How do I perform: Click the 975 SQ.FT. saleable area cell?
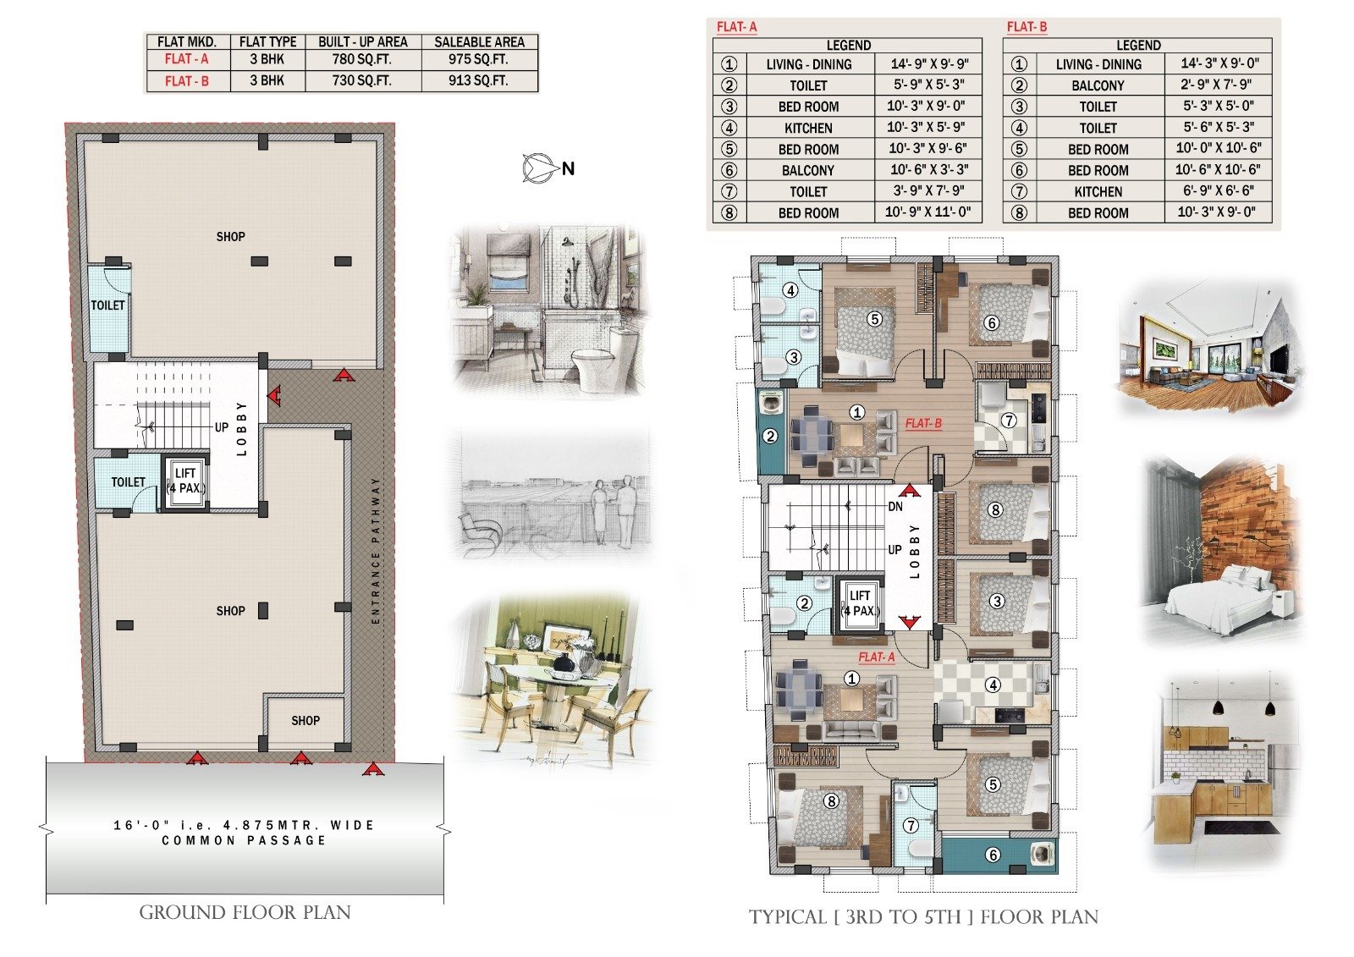click(478, 59)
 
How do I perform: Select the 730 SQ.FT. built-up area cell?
click(361, 80)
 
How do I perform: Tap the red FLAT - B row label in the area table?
click(187, 81)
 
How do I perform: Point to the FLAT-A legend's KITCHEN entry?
click(808, 128)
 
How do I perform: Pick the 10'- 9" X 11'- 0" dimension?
click(927, 212)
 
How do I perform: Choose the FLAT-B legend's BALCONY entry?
click(1098, 85)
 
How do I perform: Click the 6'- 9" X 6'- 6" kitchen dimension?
click(1218, 191)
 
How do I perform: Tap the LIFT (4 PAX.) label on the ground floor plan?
click(185, 481)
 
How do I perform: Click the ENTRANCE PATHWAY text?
click(376, 550)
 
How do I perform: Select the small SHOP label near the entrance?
click(305, 721)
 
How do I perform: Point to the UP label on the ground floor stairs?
click(222, 427)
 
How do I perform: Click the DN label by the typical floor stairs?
click(895, 507)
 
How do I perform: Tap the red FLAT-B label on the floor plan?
click(923, 424)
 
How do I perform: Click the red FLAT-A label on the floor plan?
click(877, 657)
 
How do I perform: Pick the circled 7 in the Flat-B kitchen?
click(1008, 421)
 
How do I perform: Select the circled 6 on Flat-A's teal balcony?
click(993, 855)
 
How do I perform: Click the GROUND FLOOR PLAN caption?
click(245, 912)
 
